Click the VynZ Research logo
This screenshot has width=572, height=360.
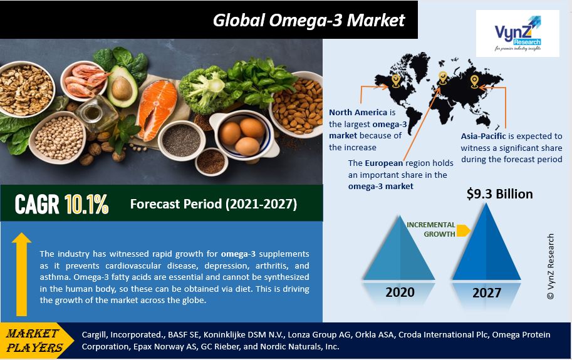tap(517, 34)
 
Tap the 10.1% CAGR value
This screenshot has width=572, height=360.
tap(86, 204)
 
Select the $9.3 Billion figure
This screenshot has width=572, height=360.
tap(499, 194)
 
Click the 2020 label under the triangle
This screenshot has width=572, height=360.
tap(400, 292)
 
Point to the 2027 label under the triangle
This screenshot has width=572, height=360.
tap(487, 292)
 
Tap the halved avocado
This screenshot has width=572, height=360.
tap(122, 86)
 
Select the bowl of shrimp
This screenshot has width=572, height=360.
tap(85, 81)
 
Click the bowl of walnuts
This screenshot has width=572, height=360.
tap(26, 89)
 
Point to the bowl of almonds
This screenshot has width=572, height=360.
tap(298, 105)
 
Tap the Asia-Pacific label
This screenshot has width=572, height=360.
tap(484, 136)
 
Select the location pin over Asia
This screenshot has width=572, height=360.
tap(474, 81)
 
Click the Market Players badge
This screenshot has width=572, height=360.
tap(35, 341)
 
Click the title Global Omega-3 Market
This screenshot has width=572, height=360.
tap(309, 20)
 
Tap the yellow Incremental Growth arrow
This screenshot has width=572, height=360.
tap(463, 230)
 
